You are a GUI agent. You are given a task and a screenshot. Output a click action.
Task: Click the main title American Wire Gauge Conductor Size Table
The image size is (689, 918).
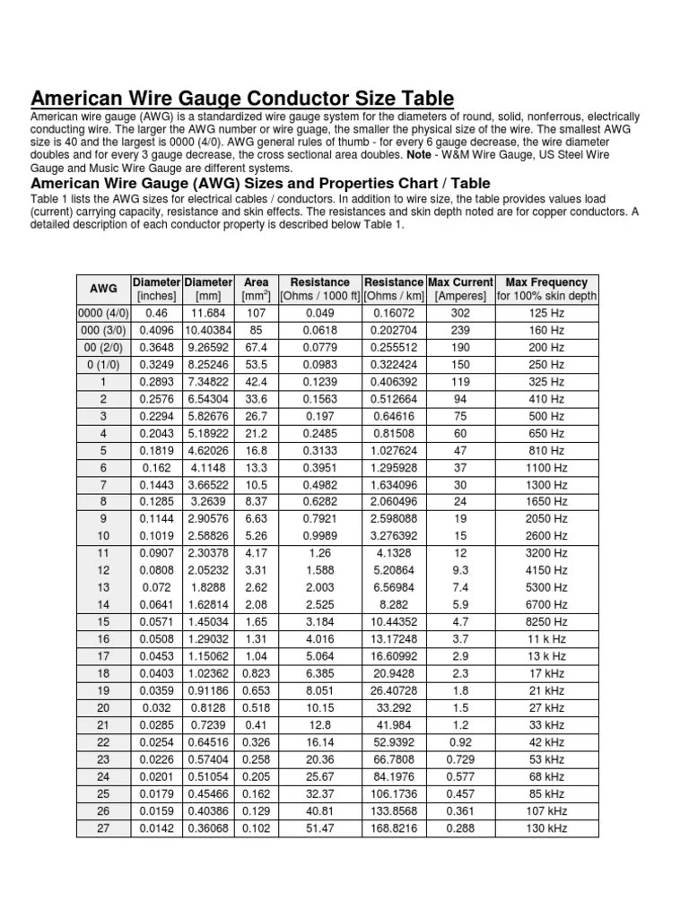(x=242, y=98)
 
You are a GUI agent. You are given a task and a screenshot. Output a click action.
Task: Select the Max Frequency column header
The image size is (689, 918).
(x=546, y=289)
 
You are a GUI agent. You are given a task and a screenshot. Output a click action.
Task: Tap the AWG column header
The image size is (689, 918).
(x=103, y=289)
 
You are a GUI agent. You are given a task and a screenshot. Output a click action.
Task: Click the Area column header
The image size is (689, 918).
(x=257, y=289)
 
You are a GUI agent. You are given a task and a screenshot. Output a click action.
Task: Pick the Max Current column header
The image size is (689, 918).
(x=460, y=289)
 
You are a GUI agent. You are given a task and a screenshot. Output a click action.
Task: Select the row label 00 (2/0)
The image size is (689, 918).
(x=103, y=347)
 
